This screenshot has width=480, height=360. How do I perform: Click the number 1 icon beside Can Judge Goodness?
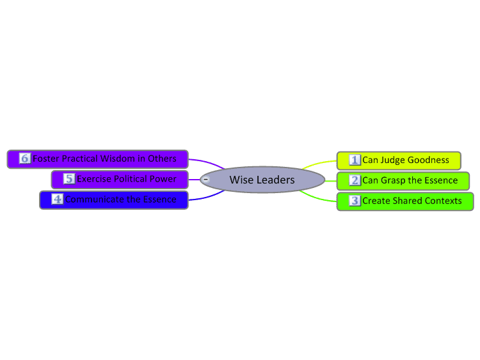pyautogui.click(x=355, y=160)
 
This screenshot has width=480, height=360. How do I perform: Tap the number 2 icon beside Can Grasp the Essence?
pyautogui.click(x=355, y=180)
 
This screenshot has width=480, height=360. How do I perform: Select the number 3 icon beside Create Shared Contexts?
pyautogui.click(x=355, y=201)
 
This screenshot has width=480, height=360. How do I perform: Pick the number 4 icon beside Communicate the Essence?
pyautogui.click(x=57, y=199)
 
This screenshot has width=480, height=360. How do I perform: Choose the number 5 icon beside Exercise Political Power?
pyautogui.click(x=69, y=178)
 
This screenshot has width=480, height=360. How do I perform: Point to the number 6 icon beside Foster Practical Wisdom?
pyautogui.click(x=25, y=159)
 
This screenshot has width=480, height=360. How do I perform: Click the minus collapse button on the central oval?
pyautogui.click(x=206, y=179)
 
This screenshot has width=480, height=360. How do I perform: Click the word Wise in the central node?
pyautogui.click(x=241, y=180)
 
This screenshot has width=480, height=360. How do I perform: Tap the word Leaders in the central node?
pyautogui.click(x=275, y=180)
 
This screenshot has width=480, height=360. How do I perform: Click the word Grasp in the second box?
pyautogui.click(x=394, y=181)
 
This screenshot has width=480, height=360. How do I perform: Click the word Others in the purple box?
pyautogui.click(x=162, y=159)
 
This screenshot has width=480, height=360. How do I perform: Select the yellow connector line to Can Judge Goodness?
pyautogui.click(x=319, y=163)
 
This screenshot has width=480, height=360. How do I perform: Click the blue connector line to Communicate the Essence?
pyautogui.click(x=207, y=198)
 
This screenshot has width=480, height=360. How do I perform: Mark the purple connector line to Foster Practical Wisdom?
pyautogui.click(x=207, y=162)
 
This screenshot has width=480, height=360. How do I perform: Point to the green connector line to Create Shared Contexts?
pyautogui.click(x=317, y=198)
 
